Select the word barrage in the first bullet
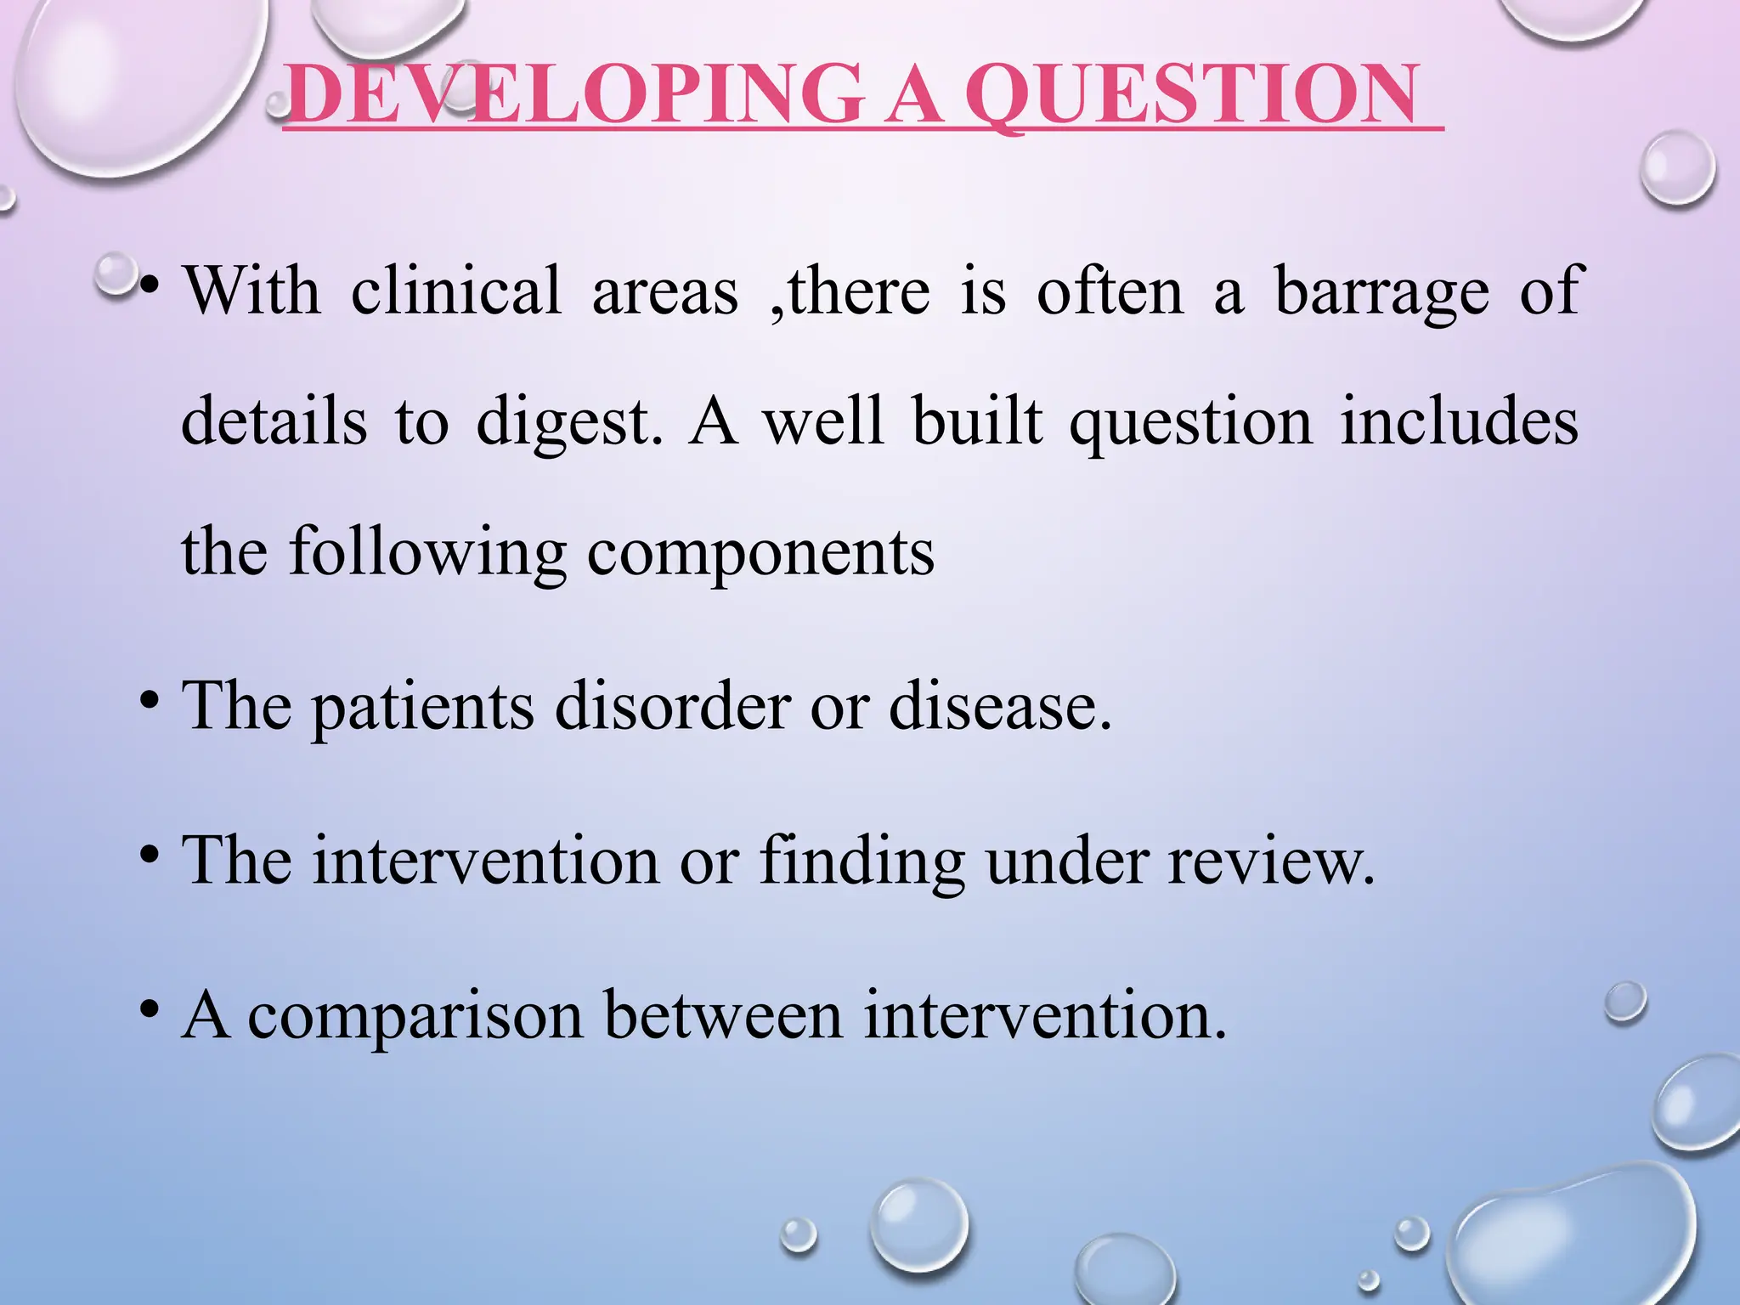point(1382,291)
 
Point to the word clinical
point(456,291)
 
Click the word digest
point(568,423)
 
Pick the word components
point(760,553)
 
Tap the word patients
point(423,707)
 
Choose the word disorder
point(672,707)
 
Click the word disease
point(1000,707)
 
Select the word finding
point(862,862)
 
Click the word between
point(723,1015)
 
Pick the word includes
point(1459,422)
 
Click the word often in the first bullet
point(1110,291)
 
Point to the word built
point(977,422)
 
